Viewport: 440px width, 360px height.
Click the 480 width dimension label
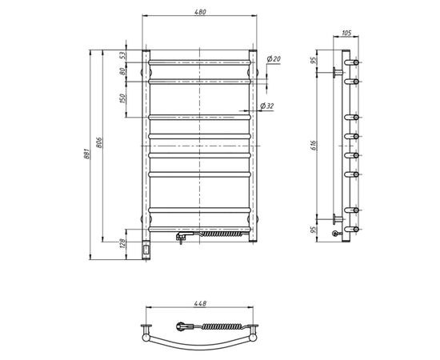coord(200,12)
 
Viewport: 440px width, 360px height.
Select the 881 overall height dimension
coord(86,154)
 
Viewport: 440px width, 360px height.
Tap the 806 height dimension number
coord(99,142)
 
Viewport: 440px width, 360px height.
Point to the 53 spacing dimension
coord(122,55)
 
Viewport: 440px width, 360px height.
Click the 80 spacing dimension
coord(122,71)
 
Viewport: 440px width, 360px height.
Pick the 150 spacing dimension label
coord(122,98)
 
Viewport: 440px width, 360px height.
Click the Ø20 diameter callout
coord(274,59)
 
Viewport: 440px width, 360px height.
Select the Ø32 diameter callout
coord(267,106)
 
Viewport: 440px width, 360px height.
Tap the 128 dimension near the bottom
coord(122,243)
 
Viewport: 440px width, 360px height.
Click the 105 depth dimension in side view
coord(346,33)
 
